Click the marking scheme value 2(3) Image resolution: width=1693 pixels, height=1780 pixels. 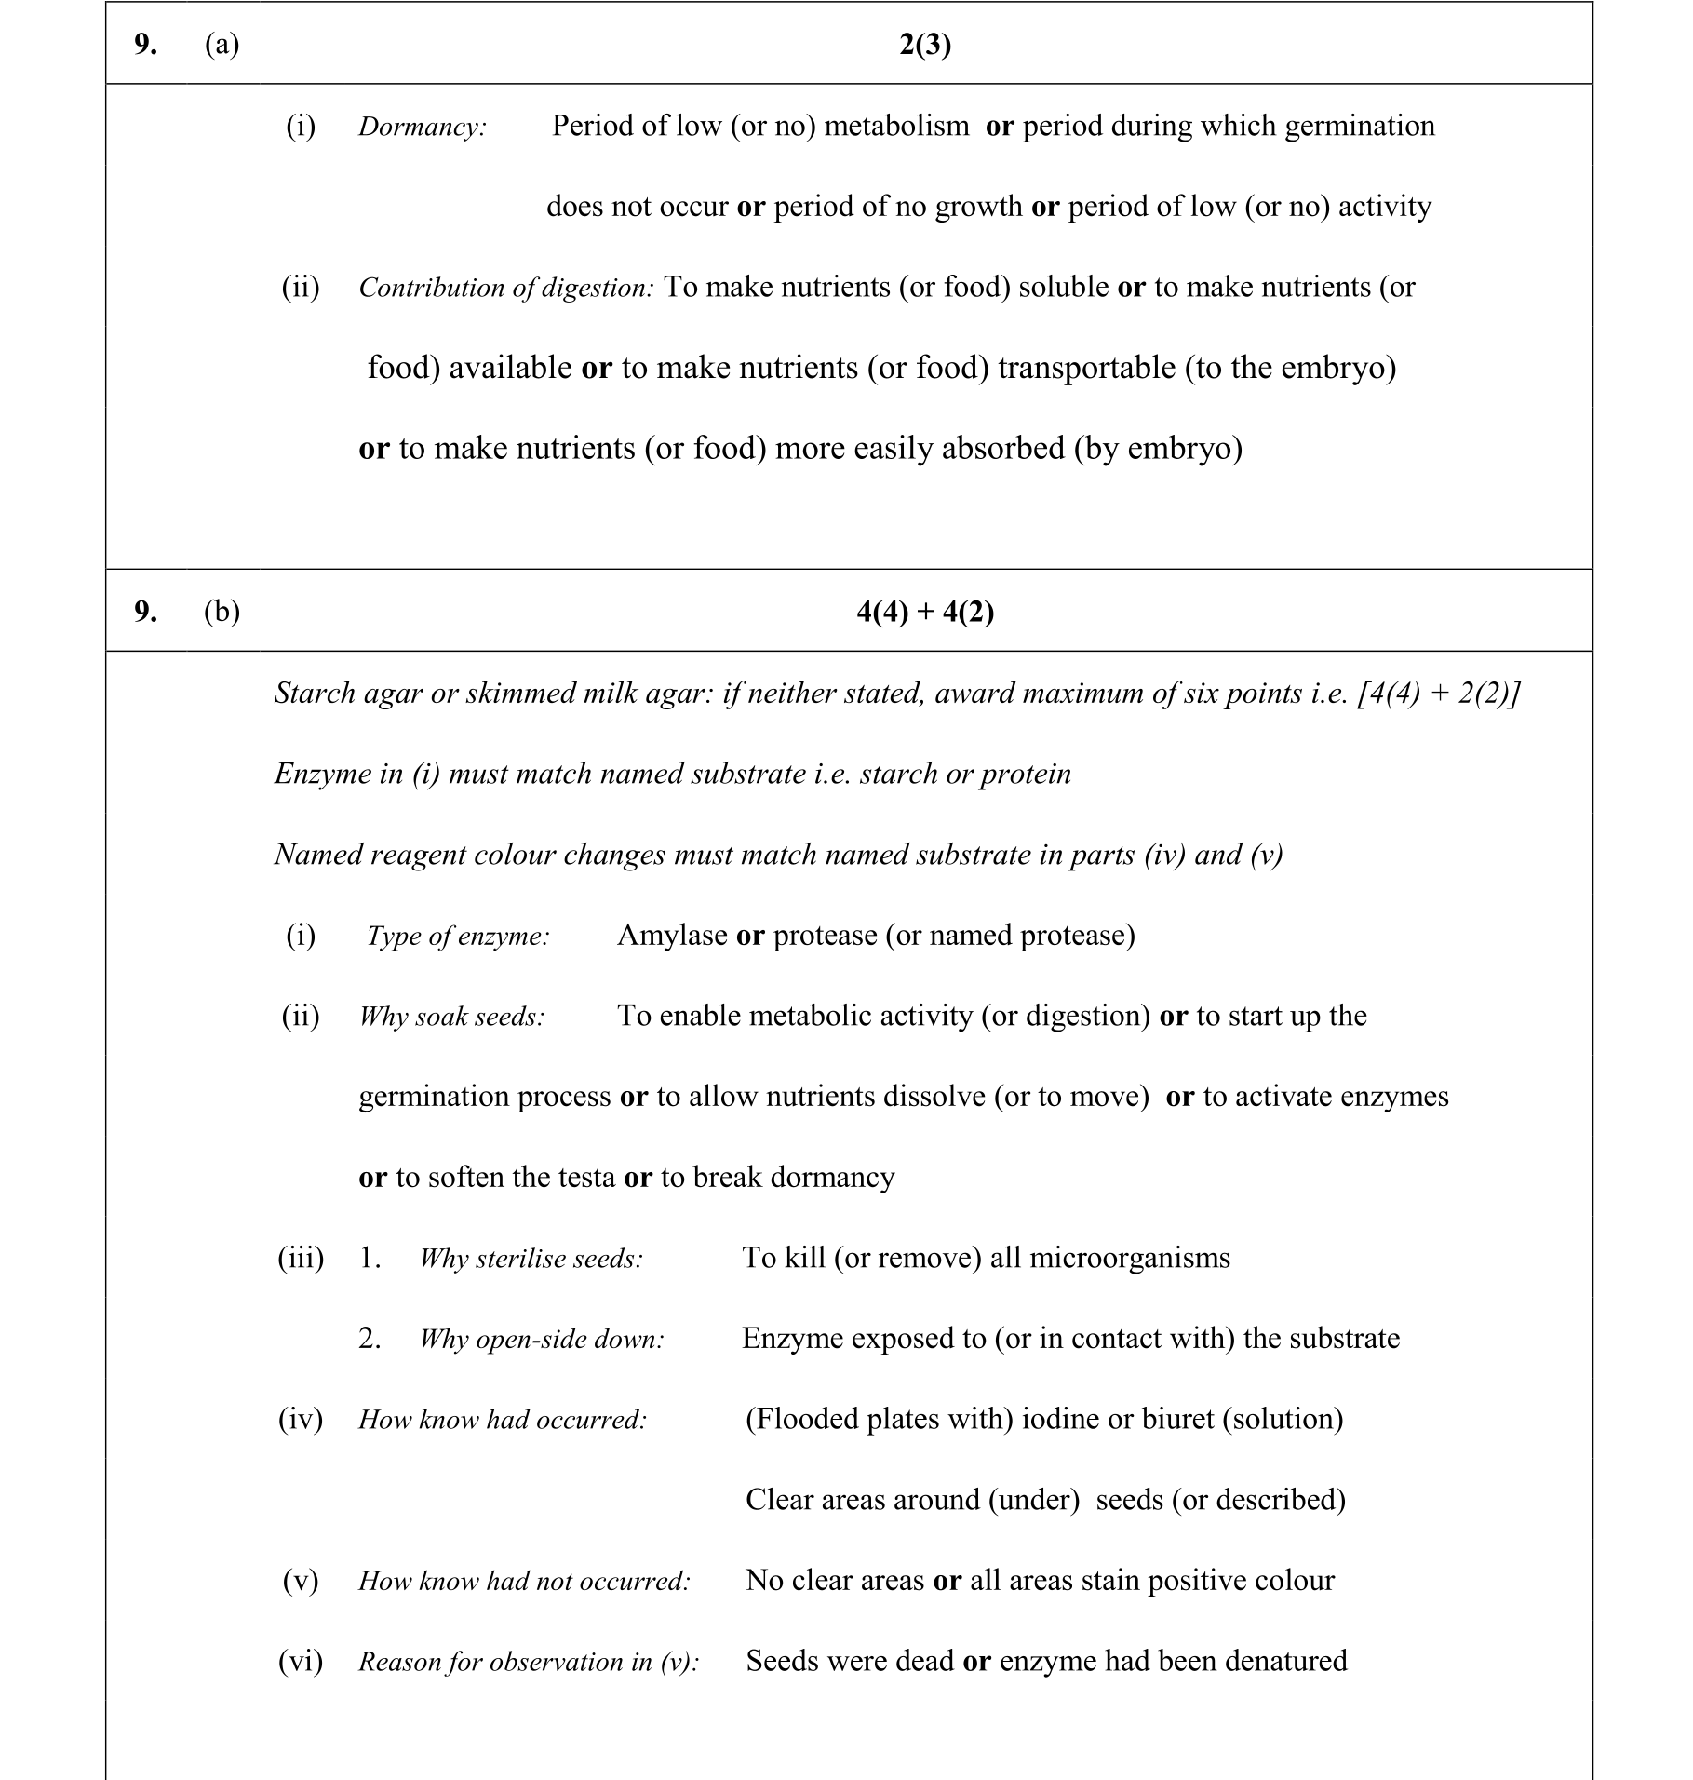click(925, 45)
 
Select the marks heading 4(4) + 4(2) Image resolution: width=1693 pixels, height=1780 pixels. click(925, 612)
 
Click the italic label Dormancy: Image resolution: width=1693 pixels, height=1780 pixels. click(423, 127)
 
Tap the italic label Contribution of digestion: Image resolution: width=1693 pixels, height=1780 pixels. click(506, 288)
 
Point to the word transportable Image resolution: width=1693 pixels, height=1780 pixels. click(1086, 368)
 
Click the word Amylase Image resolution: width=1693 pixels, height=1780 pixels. click(672, 935)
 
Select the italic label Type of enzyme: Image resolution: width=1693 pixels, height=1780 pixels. click(458, 936)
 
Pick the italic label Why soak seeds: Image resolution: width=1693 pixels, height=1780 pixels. click(451, 1017)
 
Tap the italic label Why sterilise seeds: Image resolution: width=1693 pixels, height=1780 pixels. click(531, 1259)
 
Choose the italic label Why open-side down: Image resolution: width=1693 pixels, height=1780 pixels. click(542, 1340)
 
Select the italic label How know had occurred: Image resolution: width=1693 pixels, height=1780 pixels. click(503, 1420)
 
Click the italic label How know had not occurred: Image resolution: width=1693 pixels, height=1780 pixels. click(524, 1581)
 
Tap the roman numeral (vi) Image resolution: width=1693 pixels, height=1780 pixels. click(301, 1661)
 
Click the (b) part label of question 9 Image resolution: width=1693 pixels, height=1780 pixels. click(222, 612)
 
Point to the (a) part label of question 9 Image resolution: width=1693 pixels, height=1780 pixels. click(222, 45)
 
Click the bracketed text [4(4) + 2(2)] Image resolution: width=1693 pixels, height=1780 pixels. click(1439, 694)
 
